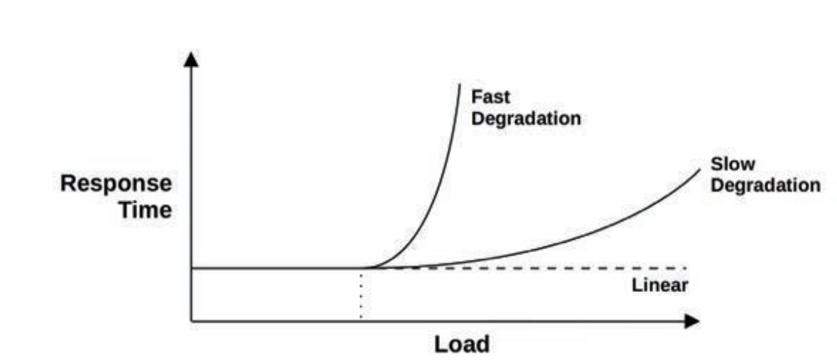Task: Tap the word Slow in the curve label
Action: click(732, 164)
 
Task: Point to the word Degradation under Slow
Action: click(765, 185)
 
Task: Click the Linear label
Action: click(659, 285)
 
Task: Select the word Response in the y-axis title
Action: click(116, 184)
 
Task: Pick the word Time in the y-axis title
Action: click(146, 211)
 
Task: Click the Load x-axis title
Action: click(462, 343)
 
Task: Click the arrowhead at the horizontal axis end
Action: click(693, 320)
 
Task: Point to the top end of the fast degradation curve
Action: click(459, 85)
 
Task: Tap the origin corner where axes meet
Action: click(191, 320)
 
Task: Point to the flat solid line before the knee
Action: click(275, 268)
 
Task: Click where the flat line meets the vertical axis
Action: click(191, 268)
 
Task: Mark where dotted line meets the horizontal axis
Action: click(360, 320)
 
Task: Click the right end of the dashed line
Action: click(685, 268)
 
